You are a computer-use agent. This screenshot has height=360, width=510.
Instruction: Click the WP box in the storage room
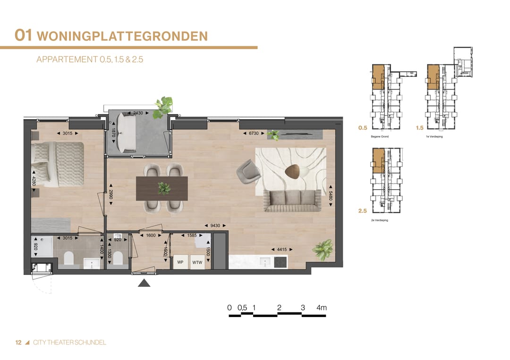pos(180,262)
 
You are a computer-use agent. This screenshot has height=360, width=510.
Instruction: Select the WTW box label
pos(197,262)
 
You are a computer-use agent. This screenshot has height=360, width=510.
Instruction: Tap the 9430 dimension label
pos(214,226)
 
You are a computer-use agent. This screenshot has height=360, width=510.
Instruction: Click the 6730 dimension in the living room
pos(254,134)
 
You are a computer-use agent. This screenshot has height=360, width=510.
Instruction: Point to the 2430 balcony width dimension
pos(138,113)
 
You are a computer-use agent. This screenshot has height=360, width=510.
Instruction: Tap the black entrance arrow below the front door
pos(144,283)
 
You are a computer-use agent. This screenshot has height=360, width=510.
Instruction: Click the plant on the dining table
pos(164,188)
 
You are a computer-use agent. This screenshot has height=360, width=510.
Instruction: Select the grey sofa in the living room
pos(292,201)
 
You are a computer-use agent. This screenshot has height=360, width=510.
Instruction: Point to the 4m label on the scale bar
pos(322,308)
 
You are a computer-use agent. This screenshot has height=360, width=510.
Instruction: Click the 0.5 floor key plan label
pos(363,128)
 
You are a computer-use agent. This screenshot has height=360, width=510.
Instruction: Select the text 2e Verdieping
pos(379,220)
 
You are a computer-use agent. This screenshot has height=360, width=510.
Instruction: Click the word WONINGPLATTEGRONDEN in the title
pos(122,36)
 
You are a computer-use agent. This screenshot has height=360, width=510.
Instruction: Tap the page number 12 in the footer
pos(18,343)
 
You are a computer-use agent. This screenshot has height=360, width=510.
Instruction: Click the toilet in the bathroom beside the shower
pos(68,258)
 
